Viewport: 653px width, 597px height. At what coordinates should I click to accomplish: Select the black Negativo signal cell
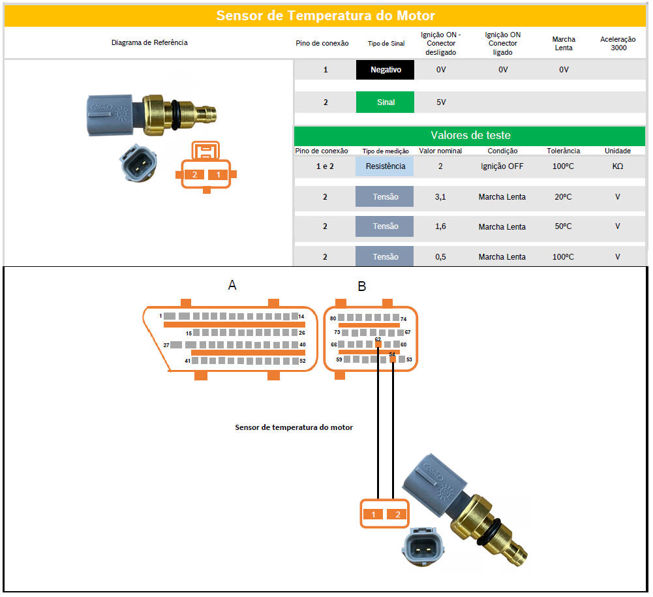385,70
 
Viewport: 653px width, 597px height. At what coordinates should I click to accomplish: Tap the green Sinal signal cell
385,102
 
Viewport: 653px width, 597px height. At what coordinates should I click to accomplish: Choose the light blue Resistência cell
385,166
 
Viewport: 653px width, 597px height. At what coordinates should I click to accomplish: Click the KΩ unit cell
617,166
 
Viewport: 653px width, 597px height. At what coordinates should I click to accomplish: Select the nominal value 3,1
440,197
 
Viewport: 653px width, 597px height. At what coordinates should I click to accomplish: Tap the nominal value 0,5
440,257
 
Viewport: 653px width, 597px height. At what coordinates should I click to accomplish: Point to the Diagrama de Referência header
149,42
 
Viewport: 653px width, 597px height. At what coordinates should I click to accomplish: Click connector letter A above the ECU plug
232,284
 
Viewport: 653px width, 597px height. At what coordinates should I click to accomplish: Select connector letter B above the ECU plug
361,286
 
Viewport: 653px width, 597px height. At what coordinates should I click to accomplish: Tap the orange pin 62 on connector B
378,343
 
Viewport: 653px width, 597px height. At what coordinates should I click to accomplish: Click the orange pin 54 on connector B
392,358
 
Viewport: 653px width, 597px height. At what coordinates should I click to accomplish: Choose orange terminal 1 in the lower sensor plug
373,514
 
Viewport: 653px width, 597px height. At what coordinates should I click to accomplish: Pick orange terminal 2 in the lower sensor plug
397,514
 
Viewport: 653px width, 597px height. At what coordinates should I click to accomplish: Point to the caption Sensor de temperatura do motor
294,427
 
